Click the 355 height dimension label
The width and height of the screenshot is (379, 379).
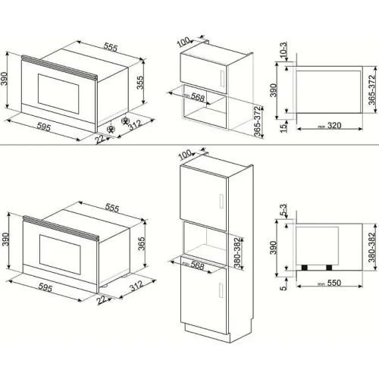(x=139, y=83)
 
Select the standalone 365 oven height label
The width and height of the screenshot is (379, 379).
(x=142, y=243)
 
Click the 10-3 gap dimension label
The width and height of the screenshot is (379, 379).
(x=283, y=49)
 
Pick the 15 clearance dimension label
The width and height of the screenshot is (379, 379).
(x=284, y=127)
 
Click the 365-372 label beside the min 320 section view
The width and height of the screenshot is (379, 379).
(x=371, y=89)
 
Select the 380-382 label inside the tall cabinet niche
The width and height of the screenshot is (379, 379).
(x=237, y=252)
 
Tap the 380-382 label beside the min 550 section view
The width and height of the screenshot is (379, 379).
(x=371, y=247)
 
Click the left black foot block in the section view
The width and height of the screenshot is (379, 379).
(x=305, y=268)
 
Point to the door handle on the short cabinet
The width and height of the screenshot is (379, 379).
(x=222, y=79)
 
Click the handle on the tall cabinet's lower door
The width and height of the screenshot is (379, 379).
(x=221, y=290)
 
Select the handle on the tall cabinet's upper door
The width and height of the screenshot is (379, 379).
(x=221, y=201)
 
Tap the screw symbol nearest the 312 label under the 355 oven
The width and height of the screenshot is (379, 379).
(x=125, y=121)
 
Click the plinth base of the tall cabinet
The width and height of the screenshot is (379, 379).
(x=208, y=333)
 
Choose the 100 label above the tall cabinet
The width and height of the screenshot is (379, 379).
(x=185, y=155)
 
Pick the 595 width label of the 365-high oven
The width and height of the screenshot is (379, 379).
(x=45, y=287)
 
